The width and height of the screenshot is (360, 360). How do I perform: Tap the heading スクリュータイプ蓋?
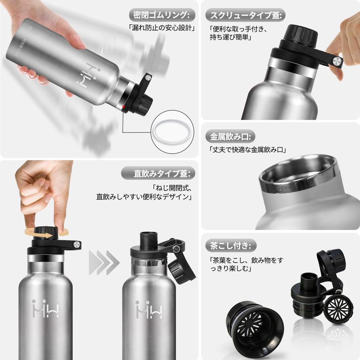coord(245,15)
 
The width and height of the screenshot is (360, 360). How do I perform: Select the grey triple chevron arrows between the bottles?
coord(104,263)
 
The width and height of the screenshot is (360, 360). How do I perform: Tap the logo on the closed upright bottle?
coord(45,308)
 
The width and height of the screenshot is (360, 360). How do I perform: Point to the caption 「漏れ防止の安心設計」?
coord(161,28)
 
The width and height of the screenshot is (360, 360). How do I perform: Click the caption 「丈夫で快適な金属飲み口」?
coord(248,149)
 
